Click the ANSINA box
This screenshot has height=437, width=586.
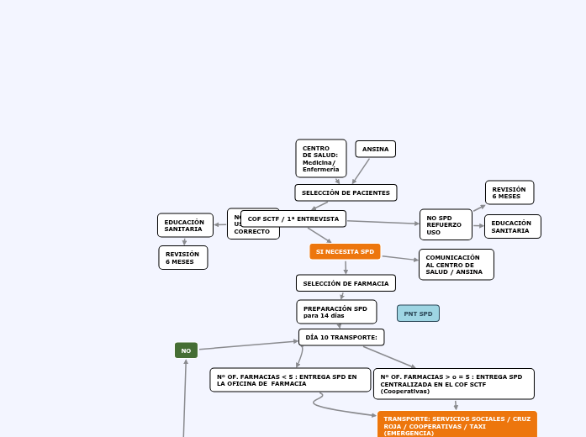375,150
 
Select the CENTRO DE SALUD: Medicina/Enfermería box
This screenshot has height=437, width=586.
320,158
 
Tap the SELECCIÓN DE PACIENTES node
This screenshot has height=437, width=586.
346,192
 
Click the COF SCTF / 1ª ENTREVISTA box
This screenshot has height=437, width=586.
293,218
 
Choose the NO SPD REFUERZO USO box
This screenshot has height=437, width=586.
445,224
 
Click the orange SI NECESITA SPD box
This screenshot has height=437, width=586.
345,251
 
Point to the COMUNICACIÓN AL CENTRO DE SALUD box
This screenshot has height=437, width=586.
456,264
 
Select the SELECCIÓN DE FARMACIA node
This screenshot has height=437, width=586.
346,283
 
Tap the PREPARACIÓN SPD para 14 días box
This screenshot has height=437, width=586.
336,312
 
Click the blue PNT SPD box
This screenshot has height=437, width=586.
418,313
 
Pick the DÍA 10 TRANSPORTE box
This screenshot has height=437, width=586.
341,337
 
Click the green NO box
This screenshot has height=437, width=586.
186,350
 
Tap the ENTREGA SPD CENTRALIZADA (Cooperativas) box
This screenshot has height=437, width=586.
453,383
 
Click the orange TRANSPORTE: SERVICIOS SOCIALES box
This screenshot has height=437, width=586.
457,424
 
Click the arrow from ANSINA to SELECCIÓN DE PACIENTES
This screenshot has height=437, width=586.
361,171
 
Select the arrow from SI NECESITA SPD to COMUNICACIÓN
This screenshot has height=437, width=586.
399,259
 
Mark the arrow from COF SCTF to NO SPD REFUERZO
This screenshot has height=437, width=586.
383,222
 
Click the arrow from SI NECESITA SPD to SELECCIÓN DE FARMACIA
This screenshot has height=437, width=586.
346,267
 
